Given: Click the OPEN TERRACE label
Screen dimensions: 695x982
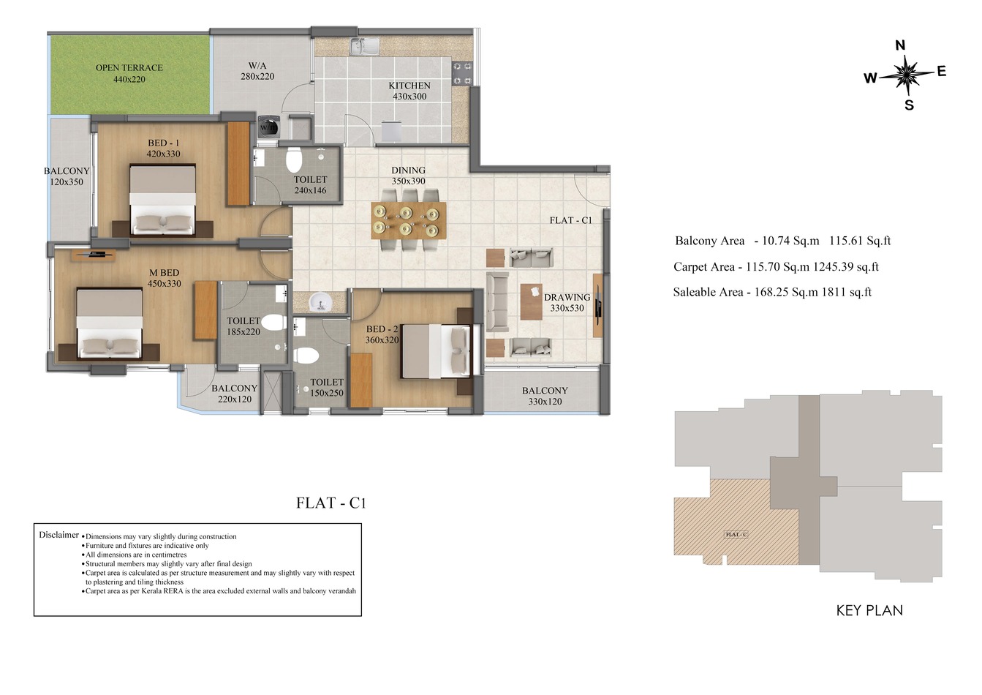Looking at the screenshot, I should click(129, 68).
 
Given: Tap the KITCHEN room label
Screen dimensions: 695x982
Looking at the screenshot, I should click(409, 86).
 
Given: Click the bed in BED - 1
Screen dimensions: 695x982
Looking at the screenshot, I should click(162, 200).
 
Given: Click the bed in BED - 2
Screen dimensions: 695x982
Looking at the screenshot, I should click(434, 351).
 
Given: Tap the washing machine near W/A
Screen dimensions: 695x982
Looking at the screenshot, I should click(268, 127).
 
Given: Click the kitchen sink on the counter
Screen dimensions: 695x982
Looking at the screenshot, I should click(363, 48).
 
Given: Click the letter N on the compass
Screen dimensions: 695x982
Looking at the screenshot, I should click(900, 45).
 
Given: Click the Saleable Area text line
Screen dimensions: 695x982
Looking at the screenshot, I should click(772, 293).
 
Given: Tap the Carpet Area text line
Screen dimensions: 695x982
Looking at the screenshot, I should click(776, 267).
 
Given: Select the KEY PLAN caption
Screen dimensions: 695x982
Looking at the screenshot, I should click(869, 610).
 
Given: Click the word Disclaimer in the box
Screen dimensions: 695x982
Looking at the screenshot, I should click(58, 535).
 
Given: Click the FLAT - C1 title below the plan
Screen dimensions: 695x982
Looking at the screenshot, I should click(331, 503).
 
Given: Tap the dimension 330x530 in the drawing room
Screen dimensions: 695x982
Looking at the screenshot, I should click(567, 308).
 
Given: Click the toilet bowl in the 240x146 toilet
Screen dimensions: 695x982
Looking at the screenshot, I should click(294, 159).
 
